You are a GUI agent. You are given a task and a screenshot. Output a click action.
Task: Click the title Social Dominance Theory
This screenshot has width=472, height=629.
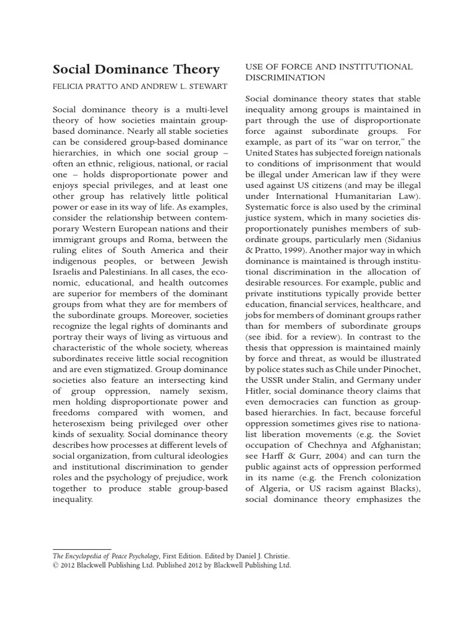click(x=136, y=69)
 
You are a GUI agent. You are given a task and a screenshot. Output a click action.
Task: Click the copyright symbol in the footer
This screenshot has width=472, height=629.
click(x=55, y=565)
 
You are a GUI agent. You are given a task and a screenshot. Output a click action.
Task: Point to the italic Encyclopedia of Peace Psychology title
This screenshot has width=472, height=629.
click(x=110, y=555)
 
